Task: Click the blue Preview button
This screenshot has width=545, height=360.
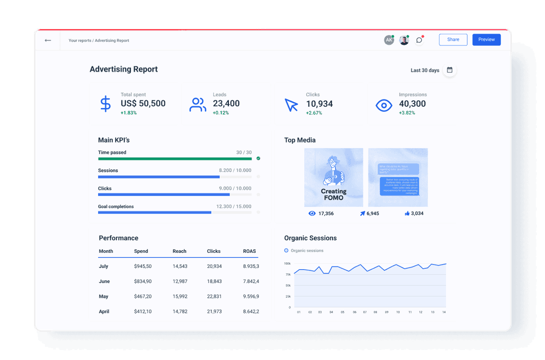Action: [x=486, y=39]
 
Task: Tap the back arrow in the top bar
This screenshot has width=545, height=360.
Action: [x=48, y=40]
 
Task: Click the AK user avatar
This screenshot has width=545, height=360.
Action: [x=389, y=40]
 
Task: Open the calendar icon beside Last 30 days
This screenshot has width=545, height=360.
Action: [x=450, y=70]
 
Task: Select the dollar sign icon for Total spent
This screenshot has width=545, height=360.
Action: [x=105, y=104]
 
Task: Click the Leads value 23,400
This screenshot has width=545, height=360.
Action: [x=226, y=104]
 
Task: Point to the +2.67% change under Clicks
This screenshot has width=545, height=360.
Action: [x=314, y=113]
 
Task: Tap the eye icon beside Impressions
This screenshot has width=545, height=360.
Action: [x=384, y=105]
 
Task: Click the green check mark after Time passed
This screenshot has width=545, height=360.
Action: [x=258, y=158]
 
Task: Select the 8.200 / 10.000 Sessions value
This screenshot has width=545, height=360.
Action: [x=235, y=170]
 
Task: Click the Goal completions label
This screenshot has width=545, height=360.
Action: [x=116, y=207]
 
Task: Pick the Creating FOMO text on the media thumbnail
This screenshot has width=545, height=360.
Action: [x=333, y=194]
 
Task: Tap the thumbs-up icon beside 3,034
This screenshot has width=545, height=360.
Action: [x=407, y=213]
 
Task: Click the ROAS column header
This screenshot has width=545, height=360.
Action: [x=249, y=251]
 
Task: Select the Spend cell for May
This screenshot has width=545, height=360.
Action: [x=143, y=296]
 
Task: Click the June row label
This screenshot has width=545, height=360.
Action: [x=104, y=281]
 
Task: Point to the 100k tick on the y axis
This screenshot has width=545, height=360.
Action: [x=287, y=263]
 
